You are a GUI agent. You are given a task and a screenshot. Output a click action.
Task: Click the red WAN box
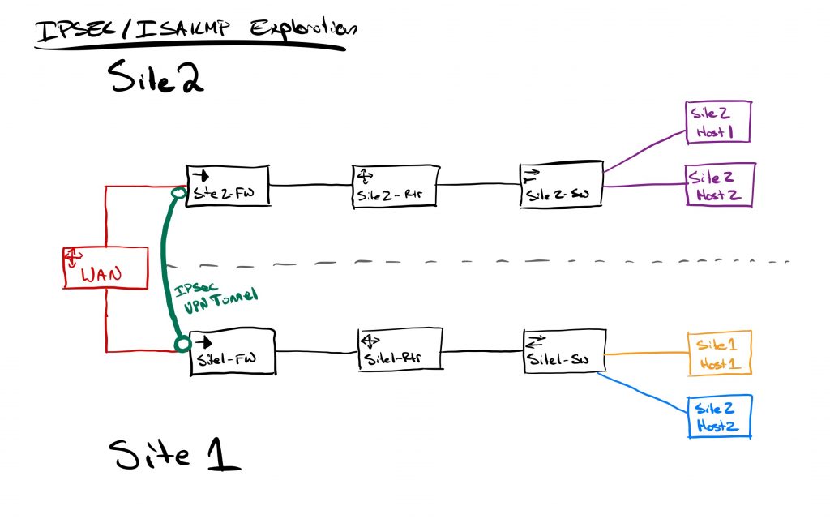tap(105, 268)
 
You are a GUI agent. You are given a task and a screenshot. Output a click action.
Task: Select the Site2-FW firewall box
tap(228, 187)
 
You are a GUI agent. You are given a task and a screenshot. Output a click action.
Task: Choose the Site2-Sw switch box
tap(561, 186)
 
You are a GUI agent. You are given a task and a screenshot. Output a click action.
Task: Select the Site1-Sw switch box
tap(563, 350)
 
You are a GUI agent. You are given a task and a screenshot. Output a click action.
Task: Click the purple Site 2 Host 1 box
tap(719, 122)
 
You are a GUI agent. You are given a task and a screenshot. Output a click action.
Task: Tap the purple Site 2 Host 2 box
tap(721, 185)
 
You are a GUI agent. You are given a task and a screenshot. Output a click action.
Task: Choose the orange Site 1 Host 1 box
tap(719, 354)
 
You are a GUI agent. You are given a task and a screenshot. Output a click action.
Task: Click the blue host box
tap(719, 417)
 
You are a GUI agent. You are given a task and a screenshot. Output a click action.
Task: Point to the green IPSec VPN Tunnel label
tap(216, 291)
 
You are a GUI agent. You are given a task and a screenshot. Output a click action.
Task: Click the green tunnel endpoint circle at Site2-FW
tap(179, 194)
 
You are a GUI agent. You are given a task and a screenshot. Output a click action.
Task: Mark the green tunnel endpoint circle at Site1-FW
tap(182, 345)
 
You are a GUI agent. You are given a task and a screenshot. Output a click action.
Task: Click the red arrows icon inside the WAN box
tap(72, 258)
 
